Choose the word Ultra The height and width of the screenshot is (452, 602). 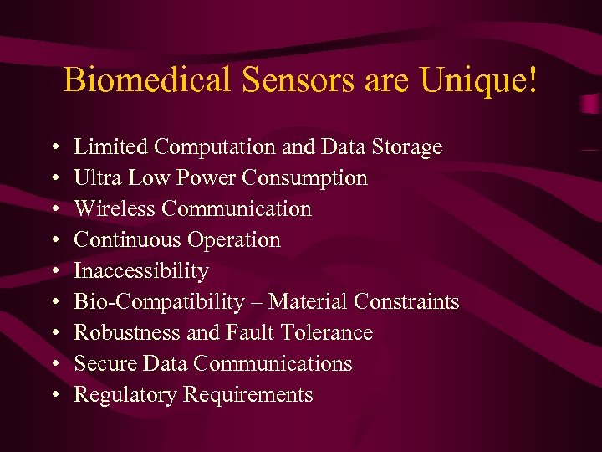pos(94,178)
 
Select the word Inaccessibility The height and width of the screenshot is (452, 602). pos(141,271)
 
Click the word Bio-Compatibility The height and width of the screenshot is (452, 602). pos(160,302)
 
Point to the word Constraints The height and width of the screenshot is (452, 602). pos(406,302)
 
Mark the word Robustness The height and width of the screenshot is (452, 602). pos(127,333)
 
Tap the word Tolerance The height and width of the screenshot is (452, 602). pos(327,333)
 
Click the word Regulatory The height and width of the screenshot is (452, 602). pos(125,395)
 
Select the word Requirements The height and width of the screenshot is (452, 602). pos(248,395)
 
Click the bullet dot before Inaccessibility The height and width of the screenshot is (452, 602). pos(53,272)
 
